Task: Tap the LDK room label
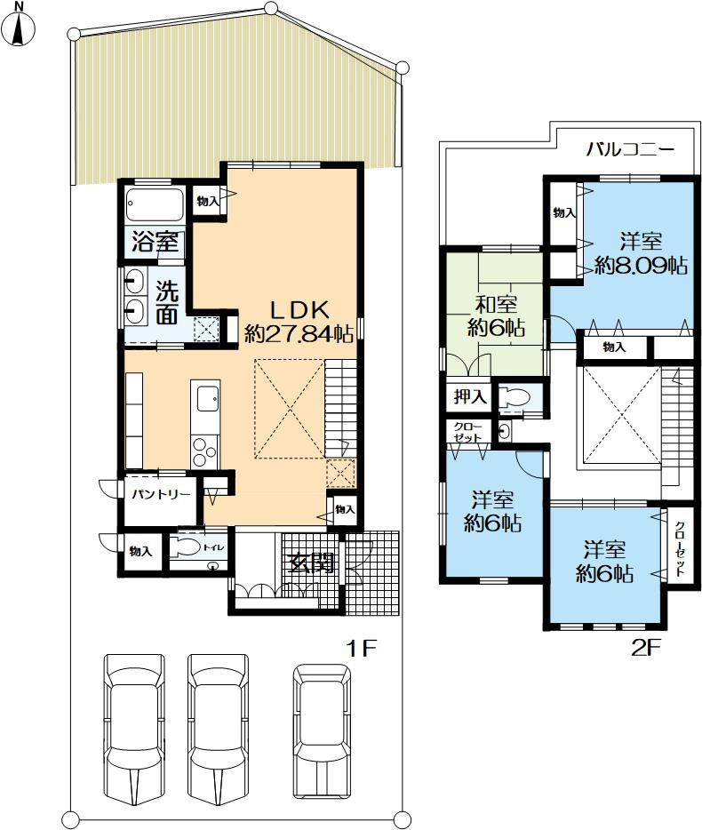pos(300,308)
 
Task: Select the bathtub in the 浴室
pos(155,205)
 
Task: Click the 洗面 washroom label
pos(167,304)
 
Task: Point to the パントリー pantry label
pos(161,495)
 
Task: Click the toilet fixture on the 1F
pos(187,547)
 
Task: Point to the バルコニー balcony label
pos(630,150)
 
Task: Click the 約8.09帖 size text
pos(641,265)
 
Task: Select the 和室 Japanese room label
pos(496,306)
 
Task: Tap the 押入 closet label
pos(470,396)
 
